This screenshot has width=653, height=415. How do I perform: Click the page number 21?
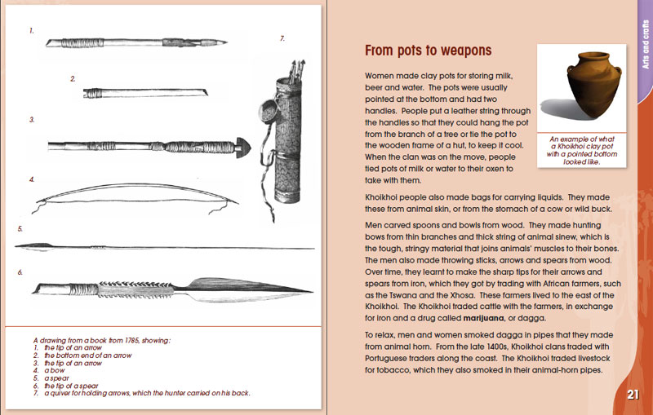[x=633, y=395]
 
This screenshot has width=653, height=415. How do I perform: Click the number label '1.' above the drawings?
[x=31, y=31]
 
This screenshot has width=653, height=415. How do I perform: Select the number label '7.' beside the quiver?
[x=282, y=38]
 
